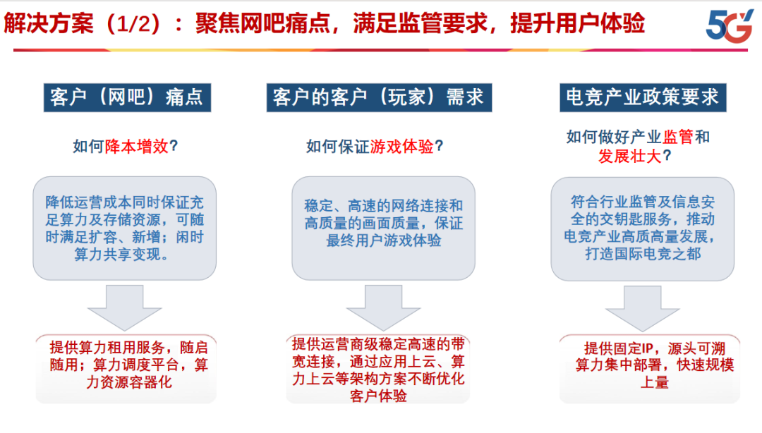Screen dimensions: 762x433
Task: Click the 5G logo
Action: [x=730, y=26]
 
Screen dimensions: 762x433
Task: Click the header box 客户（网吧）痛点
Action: [x=127, y=98]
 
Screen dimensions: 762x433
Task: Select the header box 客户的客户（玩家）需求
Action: [x=379, y=98]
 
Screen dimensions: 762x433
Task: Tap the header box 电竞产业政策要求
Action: [x=643, y=98]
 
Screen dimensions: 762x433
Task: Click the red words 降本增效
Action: [x=137, y=146]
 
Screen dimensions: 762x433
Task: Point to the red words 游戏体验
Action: [x=401, y=146]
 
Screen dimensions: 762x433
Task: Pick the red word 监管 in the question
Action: [x=678, y=137]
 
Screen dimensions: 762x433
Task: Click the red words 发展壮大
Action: [x=630, y=157]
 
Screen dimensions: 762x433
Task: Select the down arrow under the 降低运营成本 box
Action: [x=124, y=307]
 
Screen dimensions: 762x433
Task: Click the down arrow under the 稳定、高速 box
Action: [x=383, y=307]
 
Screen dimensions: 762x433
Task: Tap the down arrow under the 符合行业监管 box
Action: [x=643, y=308]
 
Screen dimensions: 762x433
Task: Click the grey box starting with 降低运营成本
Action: [x=124, y=228]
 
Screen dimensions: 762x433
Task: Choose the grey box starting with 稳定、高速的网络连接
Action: [x=383, y=228]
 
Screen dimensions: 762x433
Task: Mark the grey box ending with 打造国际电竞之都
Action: [x=643, y=228]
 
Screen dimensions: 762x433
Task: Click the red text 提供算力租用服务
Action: [x=107, y=348]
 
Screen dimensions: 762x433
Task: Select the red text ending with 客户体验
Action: [x=379, y=370]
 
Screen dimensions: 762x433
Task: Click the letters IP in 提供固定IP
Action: [x=647, y=348]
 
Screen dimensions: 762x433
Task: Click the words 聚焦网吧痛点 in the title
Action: [x=262, y=23]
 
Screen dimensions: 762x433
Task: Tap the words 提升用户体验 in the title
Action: [x=577, y=23]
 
